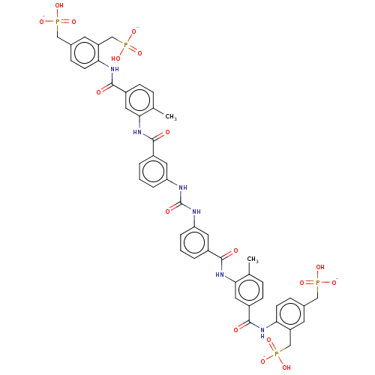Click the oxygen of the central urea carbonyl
(x=167, y=211)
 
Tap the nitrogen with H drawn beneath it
(x=262, y=333)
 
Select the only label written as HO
(x=115, y=58)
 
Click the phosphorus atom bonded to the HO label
(x=126, y=45)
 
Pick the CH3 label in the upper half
(x=171, y=117)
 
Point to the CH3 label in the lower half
(x=253, y=259)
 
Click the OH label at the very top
(x=59, y=5)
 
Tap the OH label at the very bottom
(x=286, y=367)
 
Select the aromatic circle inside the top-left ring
(x=85, y=52)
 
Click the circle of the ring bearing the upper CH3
(x=139, y=100)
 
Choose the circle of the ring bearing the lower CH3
(x=249, y=290)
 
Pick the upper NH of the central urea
(x=183, y=187)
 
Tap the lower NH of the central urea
(x=196, y=211)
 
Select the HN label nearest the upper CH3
(x=137, y=132)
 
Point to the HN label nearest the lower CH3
(x=220, y=274)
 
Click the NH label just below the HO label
(x=115, y=69)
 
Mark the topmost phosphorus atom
(x=58, y=22)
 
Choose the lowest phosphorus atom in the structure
(x=276, y=353)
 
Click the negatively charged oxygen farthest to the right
(x=334, y=283)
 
